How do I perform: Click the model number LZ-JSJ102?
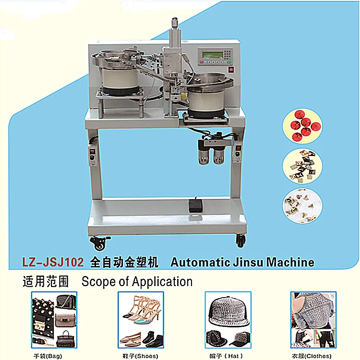click(53, 262)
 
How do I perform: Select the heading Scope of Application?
click(137, 281)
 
